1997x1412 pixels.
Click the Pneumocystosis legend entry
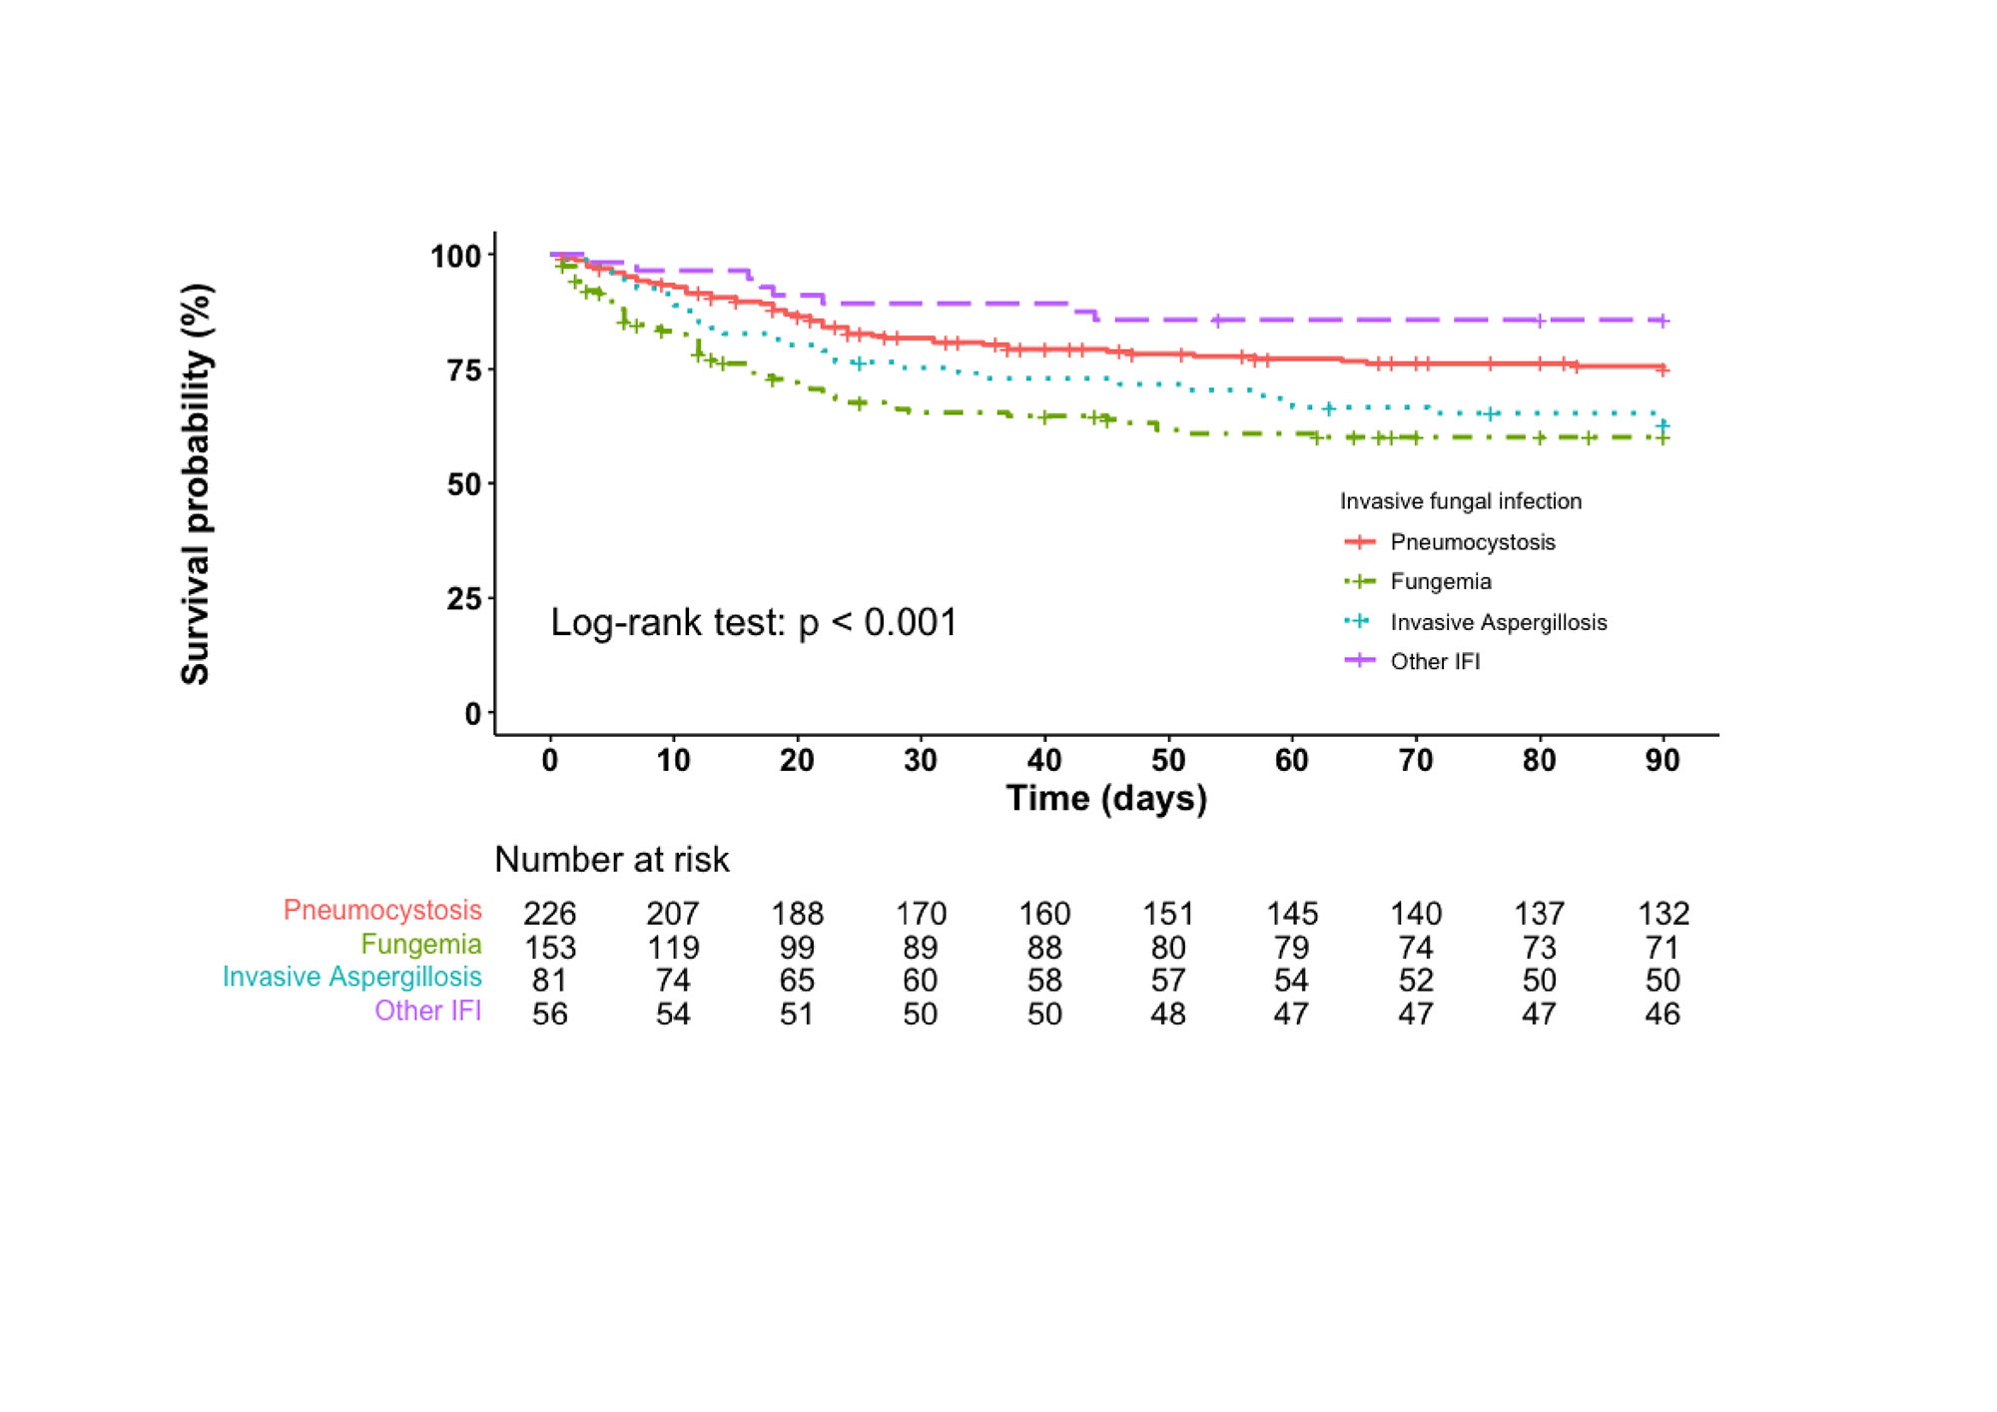pos(1472,542)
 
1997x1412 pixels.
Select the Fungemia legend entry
pos(1440,581)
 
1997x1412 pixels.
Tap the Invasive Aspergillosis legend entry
pos(1498,622)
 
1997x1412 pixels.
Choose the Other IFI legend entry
pos(1435,661)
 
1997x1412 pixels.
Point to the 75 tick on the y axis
pos(465,370)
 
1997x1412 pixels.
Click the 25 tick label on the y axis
pos(465,599)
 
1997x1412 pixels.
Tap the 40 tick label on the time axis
pos(1044,761)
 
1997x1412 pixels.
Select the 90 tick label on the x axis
pos(1663,761)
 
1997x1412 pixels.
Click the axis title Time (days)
pos(1106,798)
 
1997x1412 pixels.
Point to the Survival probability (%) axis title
pos(196,484)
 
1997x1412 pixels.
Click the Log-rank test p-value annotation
pos(754,622)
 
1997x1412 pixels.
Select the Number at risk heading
pos(611,859)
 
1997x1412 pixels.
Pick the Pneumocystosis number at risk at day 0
pos(550,913)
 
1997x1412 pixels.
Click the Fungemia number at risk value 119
pos(673,947)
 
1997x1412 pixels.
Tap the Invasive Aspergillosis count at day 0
pos(550,980)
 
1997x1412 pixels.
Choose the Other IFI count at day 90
pos(1663,1014)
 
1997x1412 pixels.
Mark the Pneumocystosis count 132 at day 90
pos(1663,913)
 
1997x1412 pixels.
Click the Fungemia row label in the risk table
pos(420,944)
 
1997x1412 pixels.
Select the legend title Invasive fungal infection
pos(1460,501)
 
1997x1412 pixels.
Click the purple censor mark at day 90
pos(1663,321)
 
